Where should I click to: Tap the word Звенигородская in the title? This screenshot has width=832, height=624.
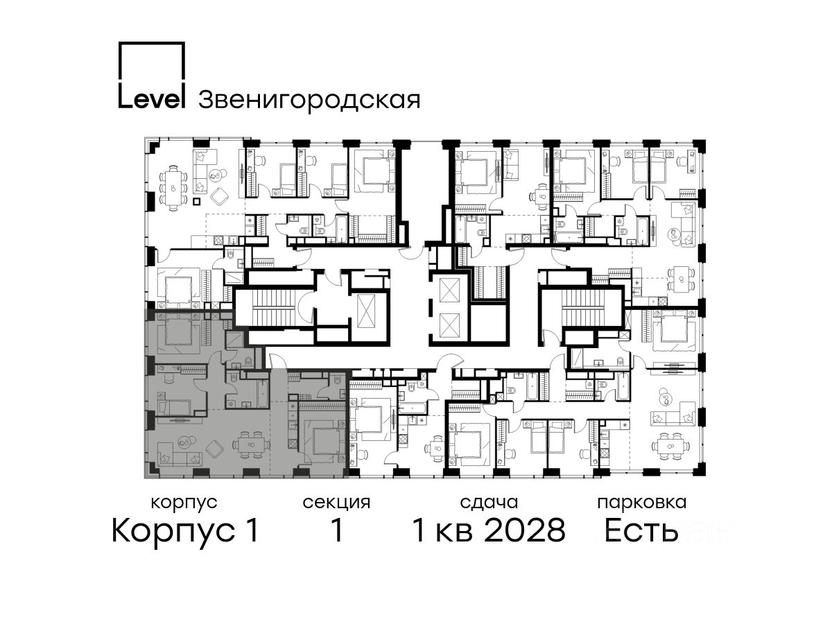point(309,100)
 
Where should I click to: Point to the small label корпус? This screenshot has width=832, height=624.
point(184,503)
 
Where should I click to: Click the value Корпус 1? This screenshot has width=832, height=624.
point(185,530)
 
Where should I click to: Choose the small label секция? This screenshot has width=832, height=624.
point(336,503)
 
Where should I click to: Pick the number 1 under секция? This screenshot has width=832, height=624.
point(336,530)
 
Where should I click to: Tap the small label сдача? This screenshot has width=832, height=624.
point(489,503)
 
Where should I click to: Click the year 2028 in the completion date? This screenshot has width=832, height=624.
point(525,530)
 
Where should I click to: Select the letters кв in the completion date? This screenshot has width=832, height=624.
point(454,533)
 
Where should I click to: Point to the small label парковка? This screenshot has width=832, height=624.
point(642,503)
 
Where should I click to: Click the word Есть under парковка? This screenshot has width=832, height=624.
point(641,530)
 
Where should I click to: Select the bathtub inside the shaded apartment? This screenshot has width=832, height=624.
point(263,394)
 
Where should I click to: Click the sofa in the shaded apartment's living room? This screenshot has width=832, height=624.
point(180,458)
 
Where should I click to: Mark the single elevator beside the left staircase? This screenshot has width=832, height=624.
point(366,311)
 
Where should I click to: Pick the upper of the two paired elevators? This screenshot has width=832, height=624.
point(448,290)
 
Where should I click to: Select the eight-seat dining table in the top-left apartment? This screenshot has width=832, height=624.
point(173,188)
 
